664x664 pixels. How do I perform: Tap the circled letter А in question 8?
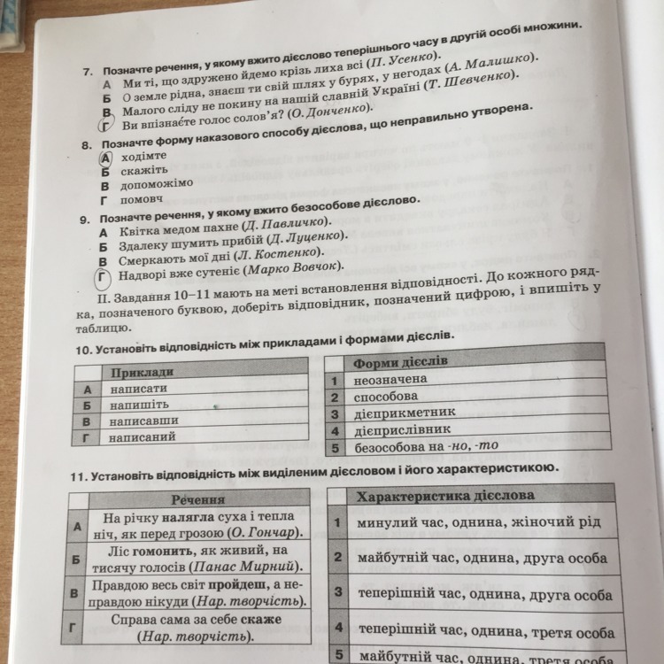(105, 156)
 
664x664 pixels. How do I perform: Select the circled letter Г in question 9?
(104, 278)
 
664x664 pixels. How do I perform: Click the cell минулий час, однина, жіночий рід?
(479, 523)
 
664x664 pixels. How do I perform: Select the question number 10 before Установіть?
(84, 339)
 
